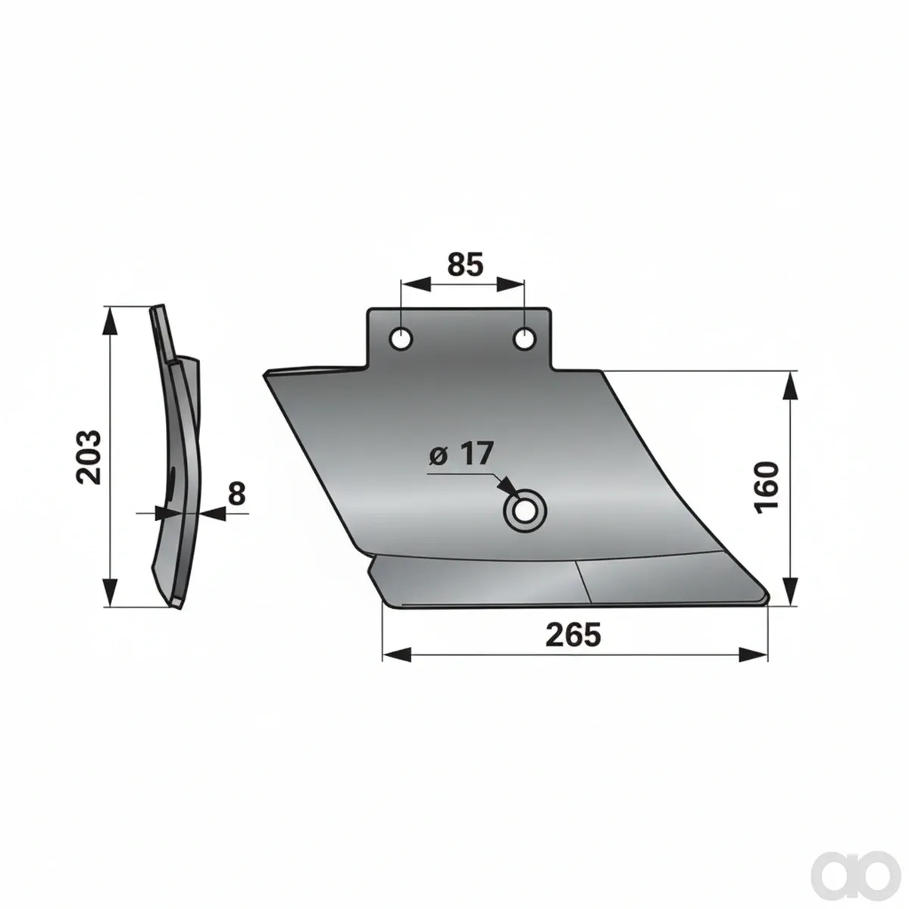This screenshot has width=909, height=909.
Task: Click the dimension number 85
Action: (x=465, y=264)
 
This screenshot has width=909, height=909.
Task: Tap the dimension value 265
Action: (x=573, y=635)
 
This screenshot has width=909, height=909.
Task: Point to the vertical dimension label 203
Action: (x=89, y=457)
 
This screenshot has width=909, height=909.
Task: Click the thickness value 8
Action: (x=237, y=493)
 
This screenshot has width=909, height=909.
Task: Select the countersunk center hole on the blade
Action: (x=525, y=512)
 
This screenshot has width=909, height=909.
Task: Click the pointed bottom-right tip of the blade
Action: (x=768, y=598)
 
